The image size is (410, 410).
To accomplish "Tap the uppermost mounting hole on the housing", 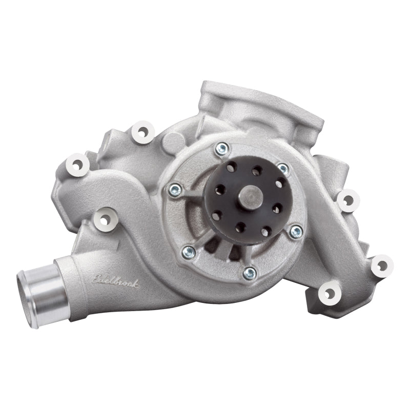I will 142,131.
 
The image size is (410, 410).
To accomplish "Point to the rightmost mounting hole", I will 381,265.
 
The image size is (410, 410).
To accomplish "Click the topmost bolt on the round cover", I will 221,149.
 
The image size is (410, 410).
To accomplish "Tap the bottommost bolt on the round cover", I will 250,273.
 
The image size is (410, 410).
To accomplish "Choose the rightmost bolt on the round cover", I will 296,232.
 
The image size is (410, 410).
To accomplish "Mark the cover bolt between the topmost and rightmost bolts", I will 283,169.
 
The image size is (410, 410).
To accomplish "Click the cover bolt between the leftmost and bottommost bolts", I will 189,251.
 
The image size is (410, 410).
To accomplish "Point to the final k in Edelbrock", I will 135,283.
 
